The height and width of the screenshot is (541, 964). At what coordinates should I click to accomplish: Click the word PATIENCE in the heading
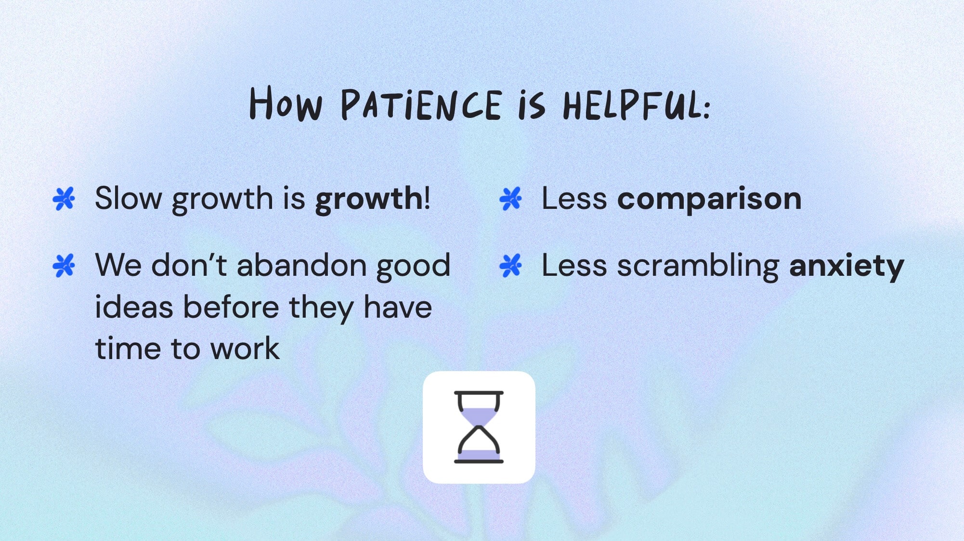pyautogui.click(x=421, y=105)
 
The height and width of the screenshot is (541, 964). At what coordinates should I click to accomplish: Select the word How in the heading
pyautogui.click(x=285, y=104)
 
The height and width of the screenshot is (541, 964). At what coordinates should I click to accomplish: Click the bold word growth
pyautogui.click(x=369, y=199)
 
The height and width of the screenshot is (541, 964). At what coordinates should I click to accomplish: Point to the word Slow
pyautogui.click(x=128, y=198)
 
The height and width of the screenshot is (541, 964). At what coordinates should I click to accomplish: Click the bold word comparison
pyautogui.click(x=709, y=199)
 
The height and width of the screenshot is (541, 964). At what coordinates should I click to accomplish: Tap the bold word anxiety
pyautogui.click(x=847, y=266)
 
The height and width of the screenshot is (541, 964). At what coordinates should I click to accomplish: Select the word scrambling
pyautogui.click(x=698, y=266)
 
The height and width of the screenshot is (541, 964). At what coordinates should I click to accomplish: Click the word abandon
pyautogui.click(x=302, y=265)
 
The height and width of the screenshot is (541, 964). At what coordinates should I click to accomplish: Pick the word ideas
pyautogui.click(x=134, y=307)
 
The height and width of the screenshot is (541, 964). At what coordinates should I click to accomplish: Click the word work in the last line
pyautogui.click(x=245, y=348)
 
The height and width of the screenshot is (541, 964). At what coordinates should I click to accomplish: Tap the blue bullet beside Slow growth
pyautogui.click(x=64, y=198)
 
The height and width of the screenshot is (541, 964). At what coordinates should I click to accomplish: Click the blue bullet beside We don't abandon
pyautogui.click(x=64, y=265)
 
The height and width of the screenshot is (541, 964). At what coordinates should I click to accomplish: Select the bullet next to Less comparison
pyautogui.click(x=510, y=198)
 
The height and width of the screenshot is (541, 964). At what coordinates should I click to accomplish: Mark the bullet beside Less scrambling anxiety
pyautogui.click(x=510, y=265)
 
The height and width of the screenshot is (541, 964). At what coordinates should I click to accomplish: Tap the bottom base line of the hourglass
pyautogui.click(x=478, y=461)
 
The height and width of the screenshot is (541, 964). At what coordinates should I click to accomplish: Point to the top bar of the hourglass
pyautogui.click(x=478, y=393)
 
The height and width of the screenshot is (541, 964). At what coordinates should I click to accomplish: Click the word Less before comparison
pyautogui.click(x=574, y=198)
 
